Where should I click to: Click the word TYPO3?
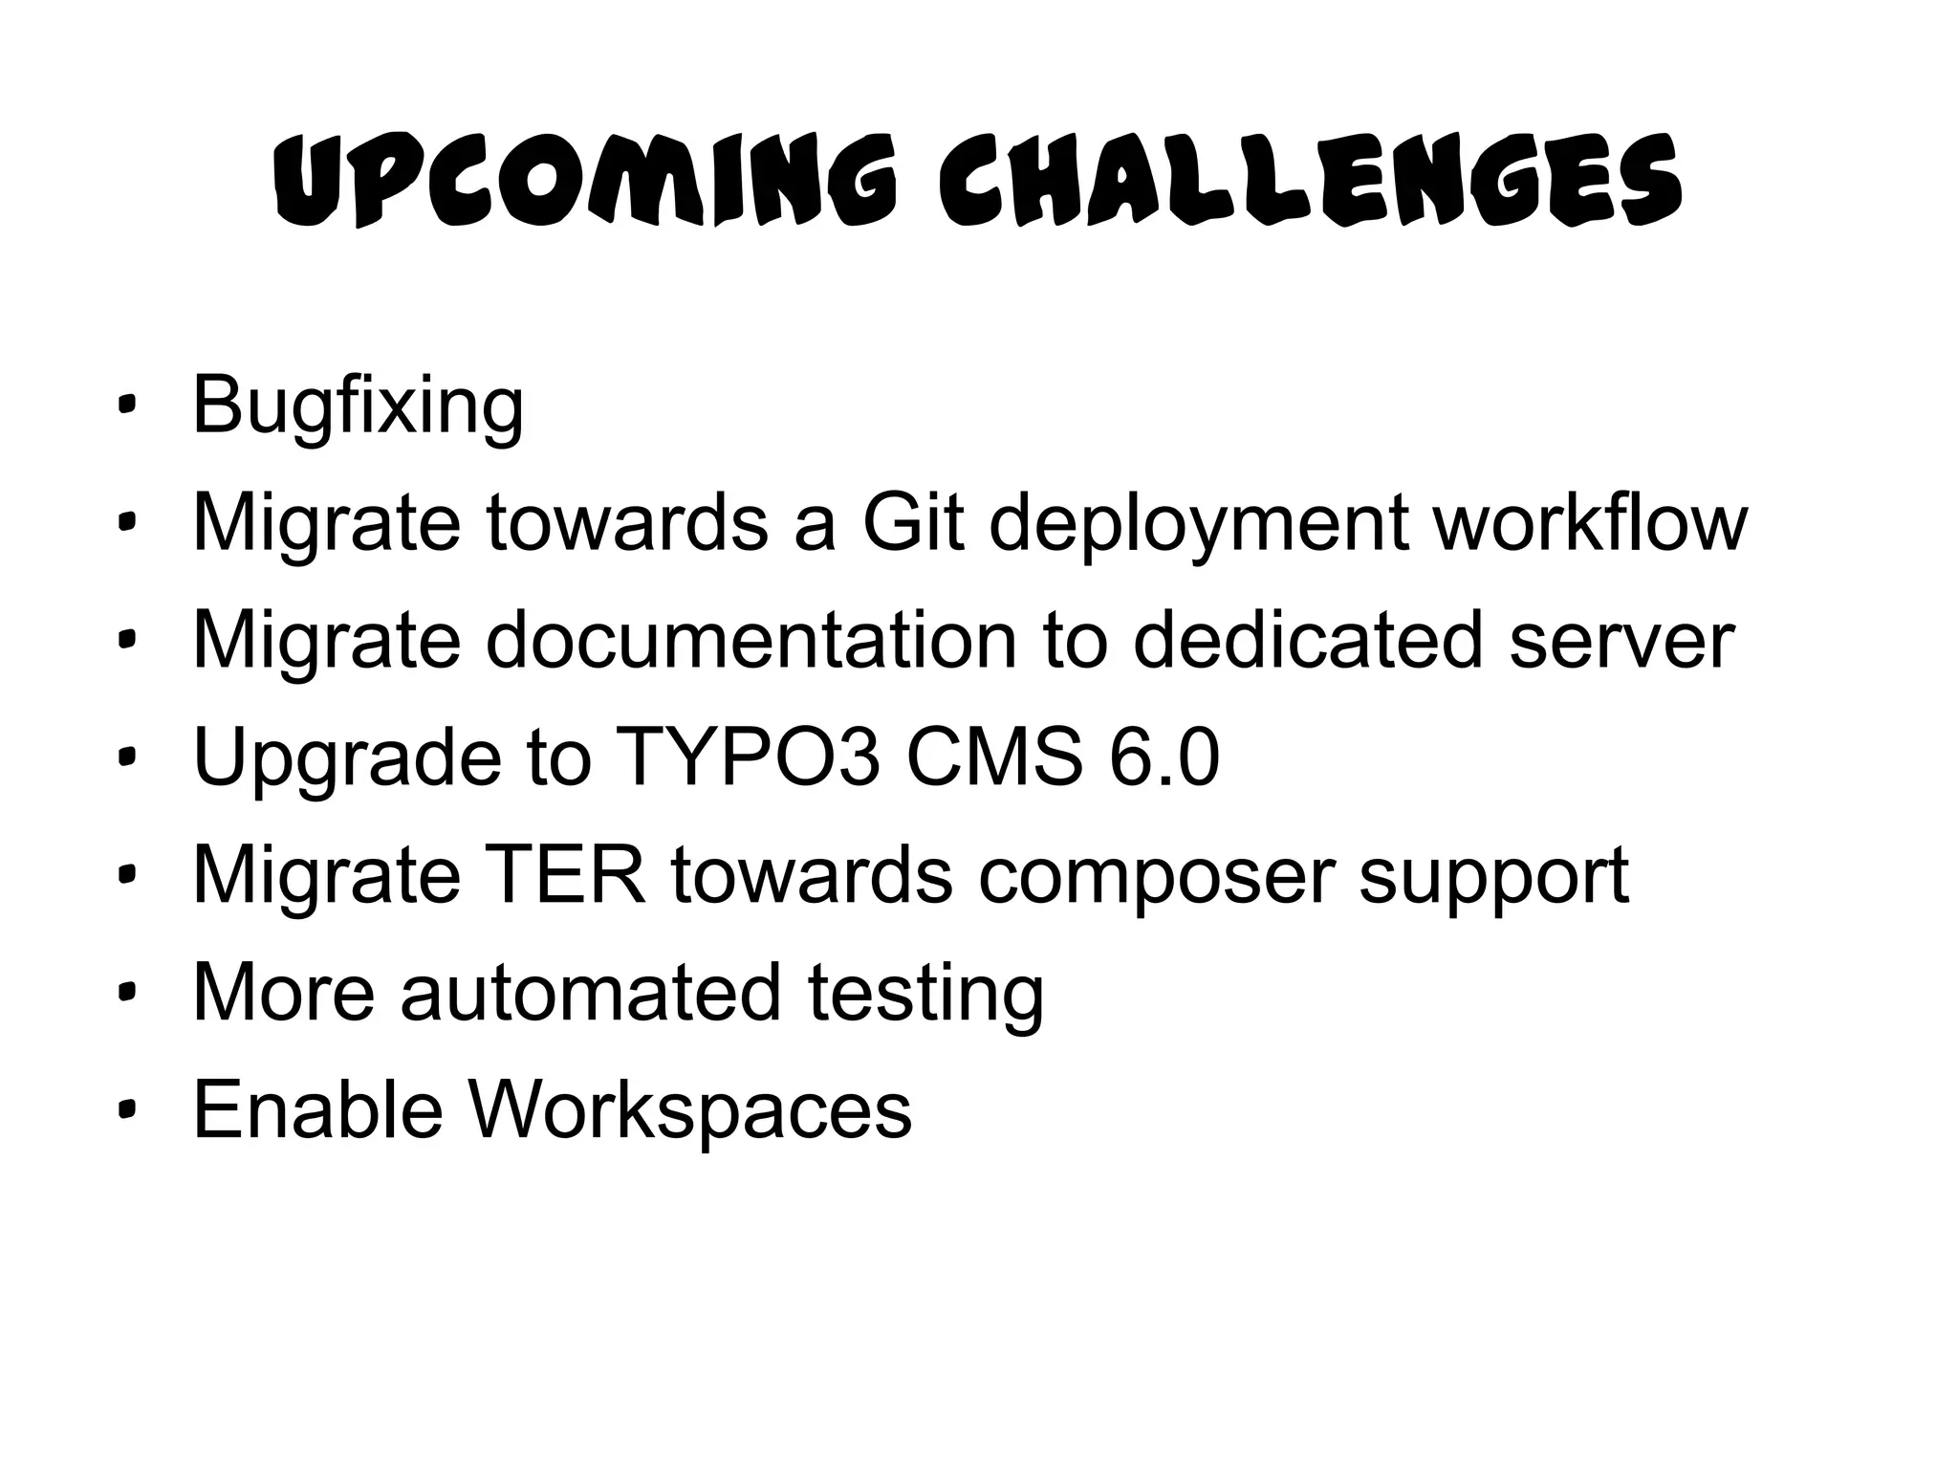(x=747, y=757)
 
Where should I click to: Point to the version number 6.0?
(x=1164, y=757)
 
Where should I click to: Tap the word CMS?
(x=995, y=757)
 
